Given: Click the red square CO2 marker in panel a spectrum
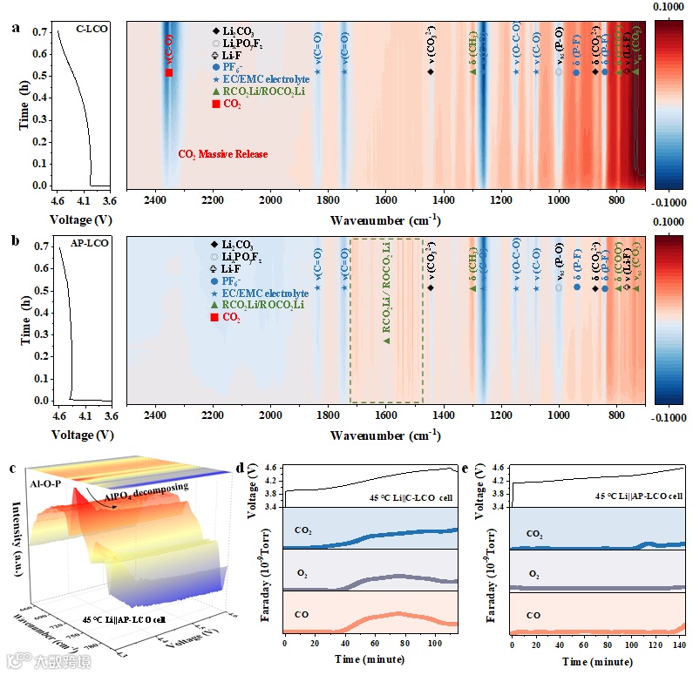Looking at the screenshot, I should tap(169, 73).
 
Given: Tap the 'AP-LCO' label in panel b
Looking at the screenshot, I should tap(90, 244).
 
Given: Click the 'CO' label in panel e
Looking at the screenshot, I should tap(532, 616).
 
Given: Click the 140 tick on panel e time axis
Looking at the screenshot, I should tap(680, 645).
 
